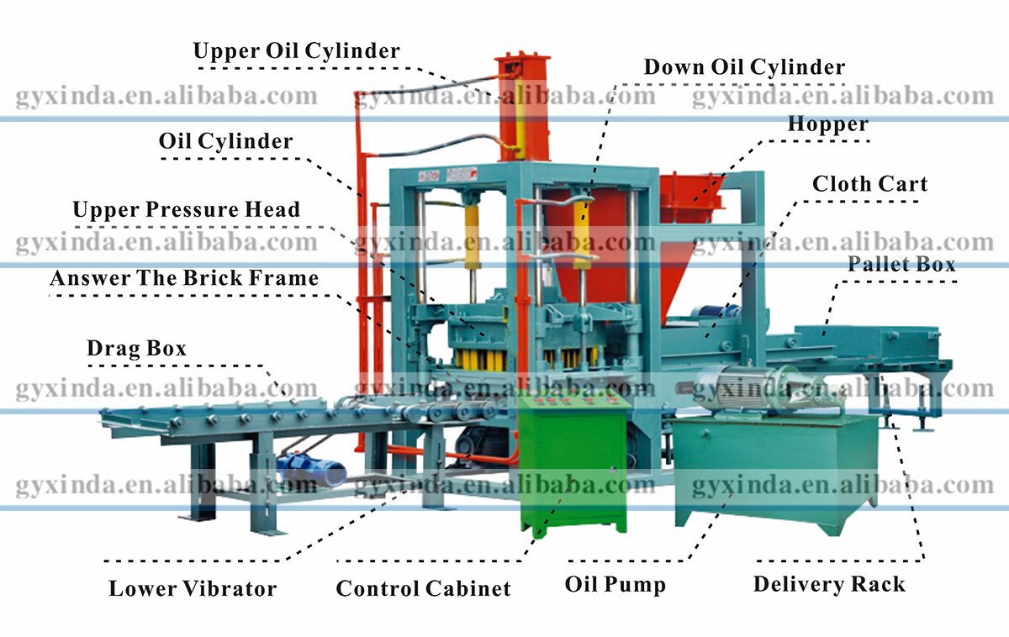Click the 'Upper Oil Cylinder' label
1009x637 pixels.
tap(296, 50)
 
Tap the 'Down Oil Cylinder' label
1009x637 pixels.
tap(744, 66)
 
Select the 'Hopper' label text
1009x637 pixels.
tap(827, 124)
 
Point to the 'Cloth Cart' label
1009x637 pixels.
tap(869, 184)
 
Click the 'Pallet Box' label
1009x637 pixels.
tap(901, 264)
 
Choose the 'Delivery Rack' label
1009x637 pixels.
tap(829, 584)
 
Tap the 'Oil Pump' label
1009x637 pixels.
tap(615, 584)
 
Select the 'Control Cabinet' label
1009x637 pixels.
tap(423, 588)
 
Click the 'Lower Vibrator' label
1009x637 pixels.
tap(193, 588)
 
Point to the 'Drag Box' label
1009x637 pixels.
tap(136, 347)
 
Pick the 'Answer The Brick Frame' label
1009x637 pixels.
tap(184, 278)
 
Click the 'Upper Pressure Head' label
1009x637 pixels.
tap(186, 209)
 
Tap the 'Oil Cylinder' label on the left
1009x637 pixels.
tap(226, 141)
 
